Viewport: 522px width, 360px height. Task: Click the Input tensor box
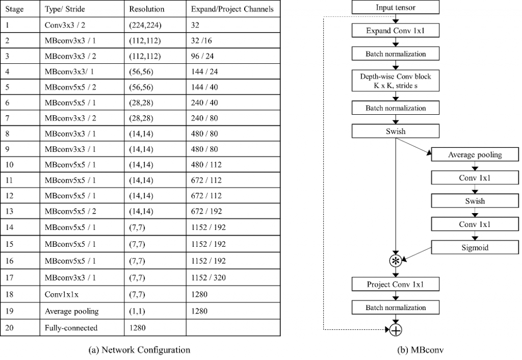[x=396, y=7]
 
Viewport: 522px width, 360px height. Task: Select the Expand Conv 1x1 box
[x=396, y=31]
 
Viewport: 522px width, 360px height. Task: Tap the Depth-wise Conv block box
[x=396, y=81]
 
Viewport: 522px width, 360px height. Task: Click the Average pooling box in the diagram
[x=475, y=155]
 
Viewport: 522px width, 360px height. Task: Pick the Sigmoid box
[x=475, y=247]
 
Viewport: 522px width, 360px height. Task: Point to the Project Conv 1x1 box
[x=396, y=285]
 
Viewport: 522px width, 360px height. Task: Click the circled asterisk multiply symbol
[x=396, y=261]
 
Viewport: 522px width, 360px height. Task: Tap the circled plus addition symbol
[x=396, y=330]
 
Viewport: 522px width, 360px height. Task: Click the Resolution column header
[x=147, y=9]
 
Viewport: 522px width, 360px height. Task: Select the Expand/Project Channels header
[x=232, y=9]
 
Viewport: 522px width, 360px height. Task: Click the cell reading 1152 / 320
[x=208, y=277]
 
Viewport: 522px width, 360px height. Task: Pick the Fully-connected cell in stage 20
[x=71, y=328]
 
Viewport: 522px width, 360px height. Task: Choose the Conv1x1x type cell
[x=62, y=294]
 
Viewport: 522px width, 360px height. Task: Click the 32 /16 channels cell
[x=201, y=41]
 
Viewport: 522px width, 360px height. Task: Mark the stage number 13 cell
[x=9, y=211]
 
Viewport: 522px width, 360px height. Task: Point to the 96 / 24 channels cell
[x=202, y=56]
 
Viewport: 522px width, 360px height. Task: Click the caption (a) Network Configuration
[x=139, y=350]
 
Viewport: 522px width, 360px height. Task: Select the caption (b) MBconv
[x=420, y=350]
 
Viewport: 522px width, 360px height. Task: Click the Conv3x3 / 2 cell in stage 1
[x=65, y=25]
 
